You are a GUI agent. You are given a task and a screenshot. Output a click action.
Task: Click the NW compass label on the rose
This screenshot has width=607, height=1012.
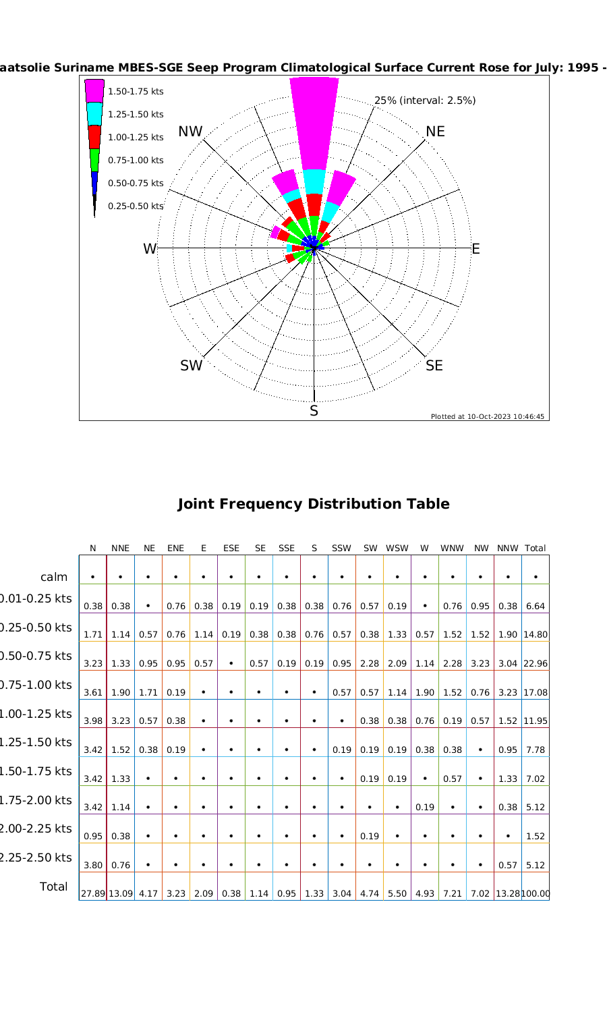pos(191,132)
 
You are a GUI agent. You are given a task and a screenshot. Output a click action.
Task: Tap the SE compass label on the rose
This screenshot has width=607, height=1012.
pos(434,366)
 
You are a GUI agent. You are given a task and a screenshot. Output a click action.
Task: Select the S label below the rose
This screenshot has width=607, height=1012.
pos(314,411)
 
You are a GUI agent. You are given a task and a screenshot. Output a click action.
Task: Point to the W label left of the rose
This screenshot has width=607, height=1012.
pos(149,249)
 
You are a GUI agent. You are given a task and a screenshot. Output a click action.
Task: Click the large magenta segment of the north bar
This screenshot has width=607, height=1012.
pos(314,125)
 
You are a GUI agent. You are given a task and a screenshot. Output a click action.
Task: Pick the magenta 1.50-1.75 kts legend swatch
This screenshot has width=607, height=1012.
pos(94,91)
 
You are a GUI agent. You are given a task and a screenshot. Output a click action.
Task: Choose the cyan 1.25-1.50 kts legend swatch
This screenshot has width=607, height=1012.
pos(94,114)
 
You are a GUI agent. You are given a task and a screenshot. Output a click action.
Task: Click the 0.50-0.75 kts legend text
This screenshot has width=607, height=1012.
pos(136,183)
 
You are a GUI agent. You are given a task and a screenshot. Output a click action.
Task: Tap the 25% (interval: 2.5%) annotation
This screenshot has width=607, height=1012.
pos(425,101)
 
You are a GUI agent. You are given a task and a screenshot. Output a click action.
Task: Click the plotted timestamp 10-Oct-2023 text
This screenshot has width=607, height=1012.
pos(488,416)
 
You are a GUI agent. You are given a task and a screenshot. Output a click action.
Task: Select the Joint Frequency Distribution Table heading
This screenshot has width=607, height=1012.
pos(314,504)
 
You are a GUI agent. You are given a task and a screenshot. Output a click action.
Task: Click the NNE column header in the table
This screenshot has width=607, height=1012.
pos(120,549)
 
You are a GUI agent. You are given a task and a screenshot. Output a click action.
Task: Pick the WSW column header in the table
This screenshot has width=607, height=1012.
pos(397,549)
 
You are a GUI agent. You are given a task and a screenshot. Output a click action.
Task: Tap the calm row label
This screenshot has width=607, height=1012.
pos(54,577)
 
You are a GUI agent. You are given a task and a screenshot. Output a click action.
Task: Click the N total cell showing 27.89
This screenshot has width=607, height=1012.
pos(92,894)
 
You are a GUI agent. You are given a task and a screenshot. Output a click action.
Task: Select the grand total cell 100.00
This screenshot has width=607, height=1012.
pos(536,894)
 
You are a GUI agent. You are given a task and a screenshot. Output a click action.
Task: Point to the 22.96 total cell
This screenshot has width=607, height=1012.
pos(535,664)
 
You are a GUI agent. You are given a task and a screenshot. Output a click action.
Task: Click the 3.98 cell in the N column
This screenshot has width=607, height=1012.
pos(92,721)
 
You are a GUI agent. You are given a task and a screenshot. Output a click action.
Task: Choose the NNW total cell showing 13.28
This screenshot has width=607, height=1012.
pos(507,894)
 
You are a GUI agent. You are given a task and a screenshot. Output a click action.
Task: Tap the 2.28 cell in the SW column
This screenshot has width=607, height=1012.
pos(370,664)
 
